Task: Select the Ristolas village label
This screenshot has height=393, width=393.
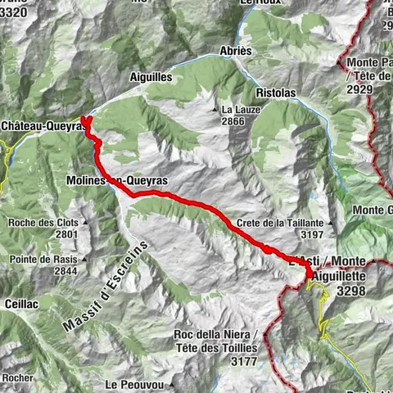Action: click(x=278, y=93)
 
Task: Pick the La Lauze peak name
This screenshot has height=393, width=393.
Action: click(x=237, y=109)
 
